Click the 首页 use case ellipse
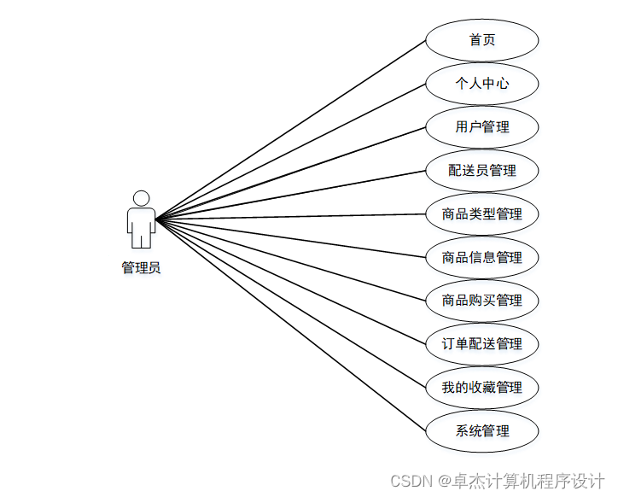pos(481,40)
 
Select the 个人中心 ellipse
pos(481,84)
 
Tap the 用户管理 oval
pos(481,127)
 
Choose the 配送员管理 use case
pos(481,170)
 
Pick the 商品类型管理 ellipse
pos(481,213)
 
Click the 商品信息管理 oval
pos(481,257)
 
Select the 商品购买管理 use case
pos(481,301)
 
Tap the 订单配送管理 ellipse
pos(481,344)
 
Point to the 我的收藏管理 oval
pos(481,388)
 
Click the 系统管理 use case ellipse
pos(481,431)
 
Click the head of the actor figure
pos(142,198)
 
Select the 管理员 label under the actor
pos(141,267)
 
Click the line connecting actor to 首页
pos(290,129)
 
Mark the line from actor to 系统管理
pos(290,325)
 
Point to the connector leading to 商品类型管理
pos(290,216)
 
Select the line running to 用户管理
pos(290,172)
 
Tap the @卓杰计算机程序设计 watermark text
pos(522,481)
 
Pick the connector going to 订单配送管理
pos(290,281)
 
